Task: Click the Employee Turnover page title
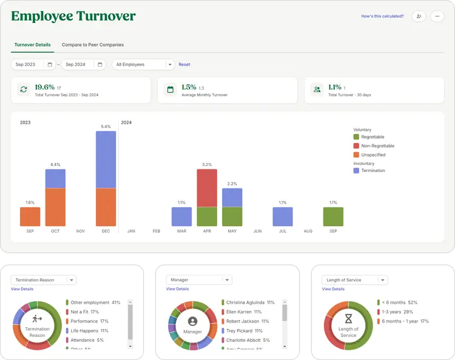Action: click(73, 16)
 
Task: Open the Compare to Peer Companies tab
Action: click(92, 45)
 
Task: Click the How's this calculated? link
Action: click(382, 16)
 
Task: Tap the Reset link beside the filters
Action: click(184, 64)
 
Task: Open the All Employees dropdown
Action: click(143, 64)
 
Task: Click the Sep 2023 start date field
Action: click(33, 64)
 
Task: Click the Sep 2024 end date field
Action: click(83, 64)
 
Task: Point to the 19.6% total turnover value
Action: click(44, 87)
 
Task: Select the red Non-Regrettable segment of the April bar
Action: click(207, 188)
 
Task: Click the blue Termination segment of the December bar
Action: click(106, 159)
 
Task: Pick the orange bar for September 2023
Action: click(30, 216)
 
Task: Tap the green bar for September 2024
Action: click(333, 216)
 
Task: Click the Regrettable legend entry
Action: click(372, 137)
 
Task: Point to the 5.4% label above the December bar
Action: click(106, 127)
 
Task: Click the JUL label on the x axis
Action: click(283, 231)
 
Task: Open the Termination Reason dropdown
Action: click(44, 280)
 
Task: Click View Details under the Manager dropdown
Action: click(177, 289)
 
